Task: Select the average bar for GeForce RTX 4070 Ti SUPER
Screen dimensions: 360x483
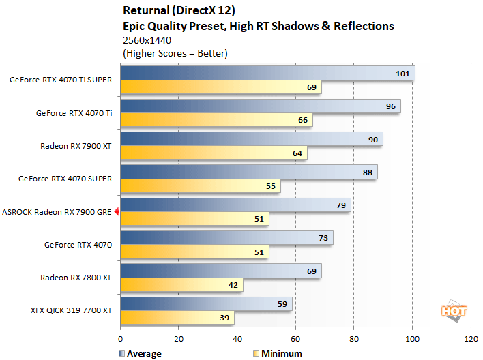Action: coord(266,73)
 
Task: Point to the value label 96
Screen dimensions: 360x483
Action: coord(390,106)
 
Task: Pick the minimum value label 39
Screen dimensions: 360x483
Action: coord(224,318)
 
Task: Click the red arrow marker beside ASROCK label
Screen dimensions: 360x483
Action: coord(117,212)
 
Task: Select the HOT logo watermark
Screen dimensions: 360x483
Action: coord(454,310)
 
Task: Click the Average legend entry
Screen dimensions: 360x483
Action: coord(139,353)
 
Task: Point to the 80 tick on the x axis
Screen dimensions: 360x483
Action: coord(353,339)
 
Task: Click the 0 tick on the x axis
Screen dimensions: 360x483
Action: coord(121,339)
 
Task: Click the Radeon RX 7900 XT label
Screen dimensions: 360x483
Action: coord(76,146)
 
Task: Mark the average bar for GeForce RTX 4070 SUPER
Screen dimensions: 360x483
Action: coord(248,172)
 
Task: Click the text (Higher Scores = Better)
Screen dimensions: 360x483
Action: coord(175,52)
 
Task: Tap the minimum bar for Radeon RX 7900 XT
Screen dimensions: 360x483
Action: coord(213,153)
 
